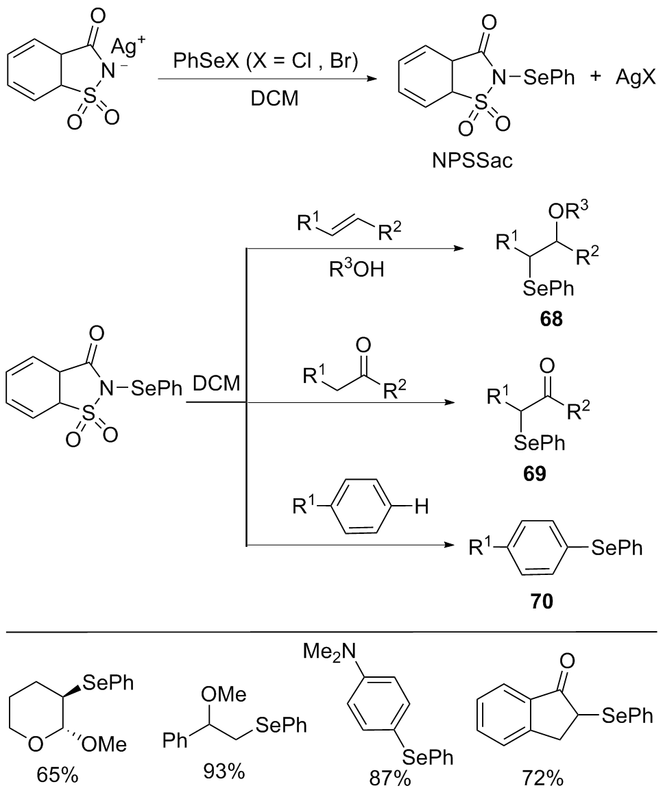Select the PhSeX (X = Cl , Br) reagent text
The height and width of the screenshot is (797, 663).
266,61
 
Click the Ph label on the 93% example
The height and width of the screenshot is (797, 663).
174,741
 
